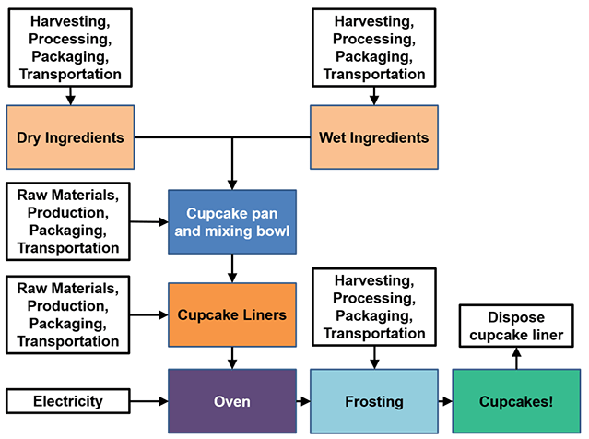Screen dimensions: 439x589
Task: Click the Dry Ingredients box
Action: coord(70,138)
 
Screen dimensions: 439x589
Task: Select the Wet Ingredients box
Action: coord(373,138)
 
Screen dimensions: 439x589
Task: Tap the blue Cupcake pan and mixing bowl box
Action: coord(231,221)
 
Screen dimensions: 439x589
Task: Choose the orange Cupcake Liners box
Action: coord(231,314)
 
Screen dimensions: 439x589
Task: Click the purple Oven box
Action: coord(231,401)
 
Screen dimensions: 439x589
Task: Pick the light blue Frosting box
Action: coord(373,401)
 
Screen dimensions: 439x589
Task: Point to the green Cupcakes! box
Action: coord(516,401)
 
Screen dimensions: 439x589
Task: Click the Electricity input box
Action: coord(68,401)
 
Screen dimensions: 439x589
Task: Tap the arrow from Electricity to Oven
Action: coord(148,401)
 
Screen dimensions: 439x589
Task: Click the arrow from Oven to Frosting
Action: coord(302,401)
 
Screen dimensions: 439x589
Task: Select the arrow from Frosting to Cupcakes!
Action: coord(444,401)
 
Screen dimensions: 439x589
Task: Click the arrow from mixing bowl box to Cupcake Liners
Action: coord(231,268)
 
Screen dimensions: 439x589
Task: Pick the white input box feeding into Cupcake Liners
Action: coord(68,314)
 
